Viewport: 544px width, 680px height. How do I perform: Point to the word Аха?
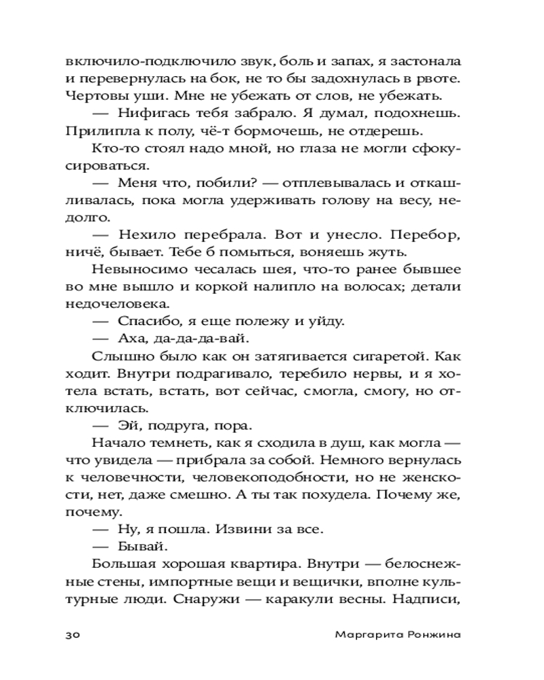pos(132,337)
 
